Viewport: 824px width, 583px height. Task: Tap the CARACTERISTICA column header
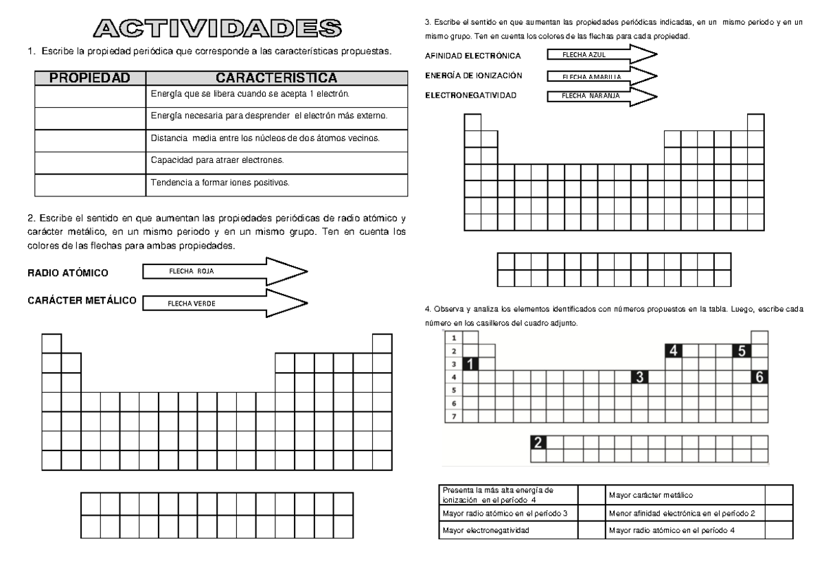277,78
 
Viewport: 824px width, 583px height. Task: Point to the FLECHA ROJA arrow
226,271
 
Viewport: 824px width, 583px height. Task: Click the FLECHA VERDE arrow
226,303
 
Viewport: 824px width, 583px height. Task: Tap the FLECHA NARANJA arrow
602,96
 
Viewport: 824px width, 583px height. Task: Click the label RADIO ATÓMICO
67,273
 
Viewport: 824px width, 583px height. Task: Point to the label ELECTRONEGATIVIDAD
470,95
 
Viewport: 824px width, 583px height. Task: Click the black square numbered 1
471,364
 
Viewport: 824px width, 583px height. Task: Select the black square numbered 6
759,376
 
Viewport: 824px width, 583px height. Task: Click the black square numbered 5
742,351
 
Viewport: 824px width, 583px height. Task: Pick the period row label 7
453,416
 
